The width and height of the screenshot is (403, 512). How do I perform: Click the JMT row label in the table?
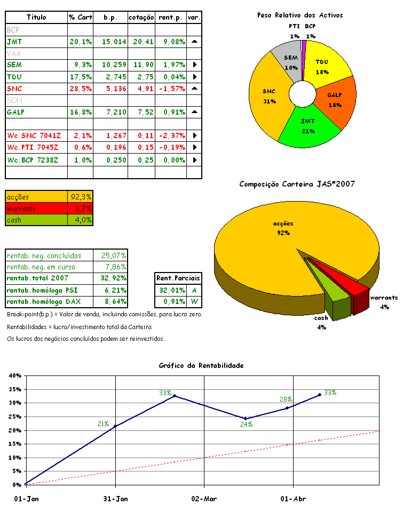[15, 41]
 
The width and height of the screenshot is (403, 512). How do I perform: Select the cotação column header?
[141, 18]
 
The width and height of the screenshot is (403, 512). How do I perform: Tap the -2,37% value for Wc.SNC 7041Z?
[171, 135]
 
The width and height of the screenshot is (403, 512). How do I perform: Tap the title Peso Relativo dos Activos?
[299, 15]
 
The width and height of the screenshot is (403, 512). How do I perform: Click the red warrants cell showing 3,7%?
[81, 208]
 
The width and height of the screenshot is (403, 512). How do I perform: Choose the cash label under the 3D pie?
[321, 318]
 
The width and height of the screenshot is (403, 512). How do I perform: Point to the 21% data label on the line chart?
[103, 424]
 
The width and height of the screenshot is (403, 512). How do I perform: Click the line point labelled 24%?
[245, 419]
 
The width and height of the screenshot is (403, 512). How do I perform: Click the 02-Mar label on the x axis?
[204, 499]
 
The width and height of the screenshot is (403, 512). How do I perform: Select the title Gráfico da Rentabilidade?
[201, 365]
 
